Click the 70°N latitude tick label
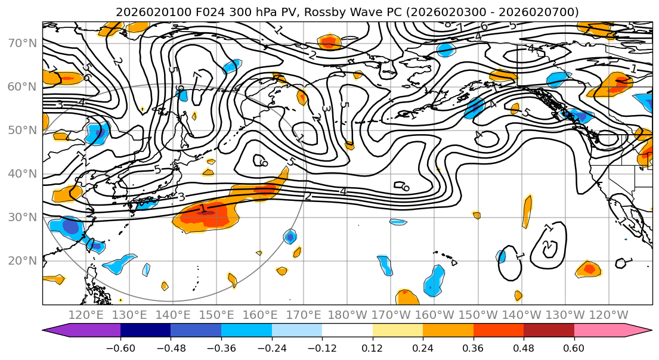pos(21,43)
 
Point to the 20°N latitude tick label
pos(21,260)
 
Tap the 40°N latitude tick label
pos(21,173)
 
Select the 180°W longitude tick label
pos(348,315)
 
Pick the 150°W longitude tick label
pos(478,315)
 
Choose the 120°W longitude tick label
pos(609,315)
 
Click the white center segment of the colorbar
pos(347,330)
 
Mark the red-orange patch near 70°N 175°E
pos(329,42)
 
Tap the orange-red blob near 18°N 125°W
pos(589,269)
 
